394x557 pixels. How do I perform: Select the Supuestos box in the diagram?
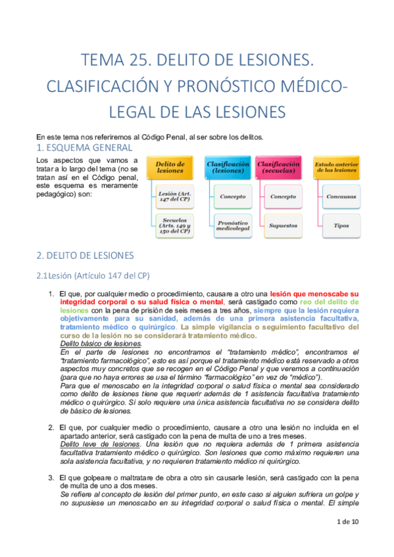(x=283, y=226)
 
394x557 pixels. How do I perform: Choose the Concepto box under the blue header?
(x=232, y=196)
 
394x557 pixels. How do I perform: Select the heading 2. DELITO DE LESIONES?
(x=85, y=255)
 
